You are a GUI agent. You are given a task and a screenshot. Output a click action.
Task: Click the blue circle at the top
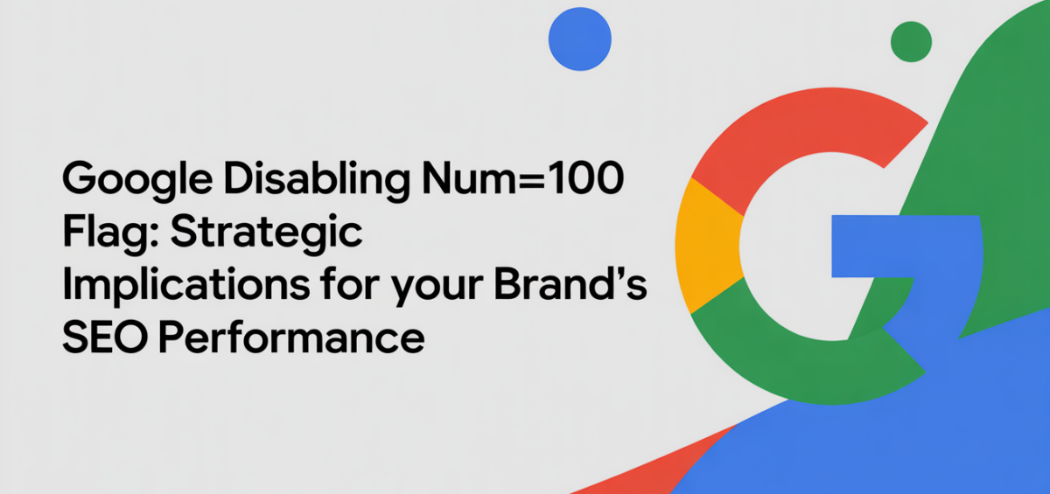[x=579, y=38]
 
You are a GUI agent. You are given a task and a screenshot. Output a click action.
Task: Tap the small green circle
[x=911, y=41]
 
